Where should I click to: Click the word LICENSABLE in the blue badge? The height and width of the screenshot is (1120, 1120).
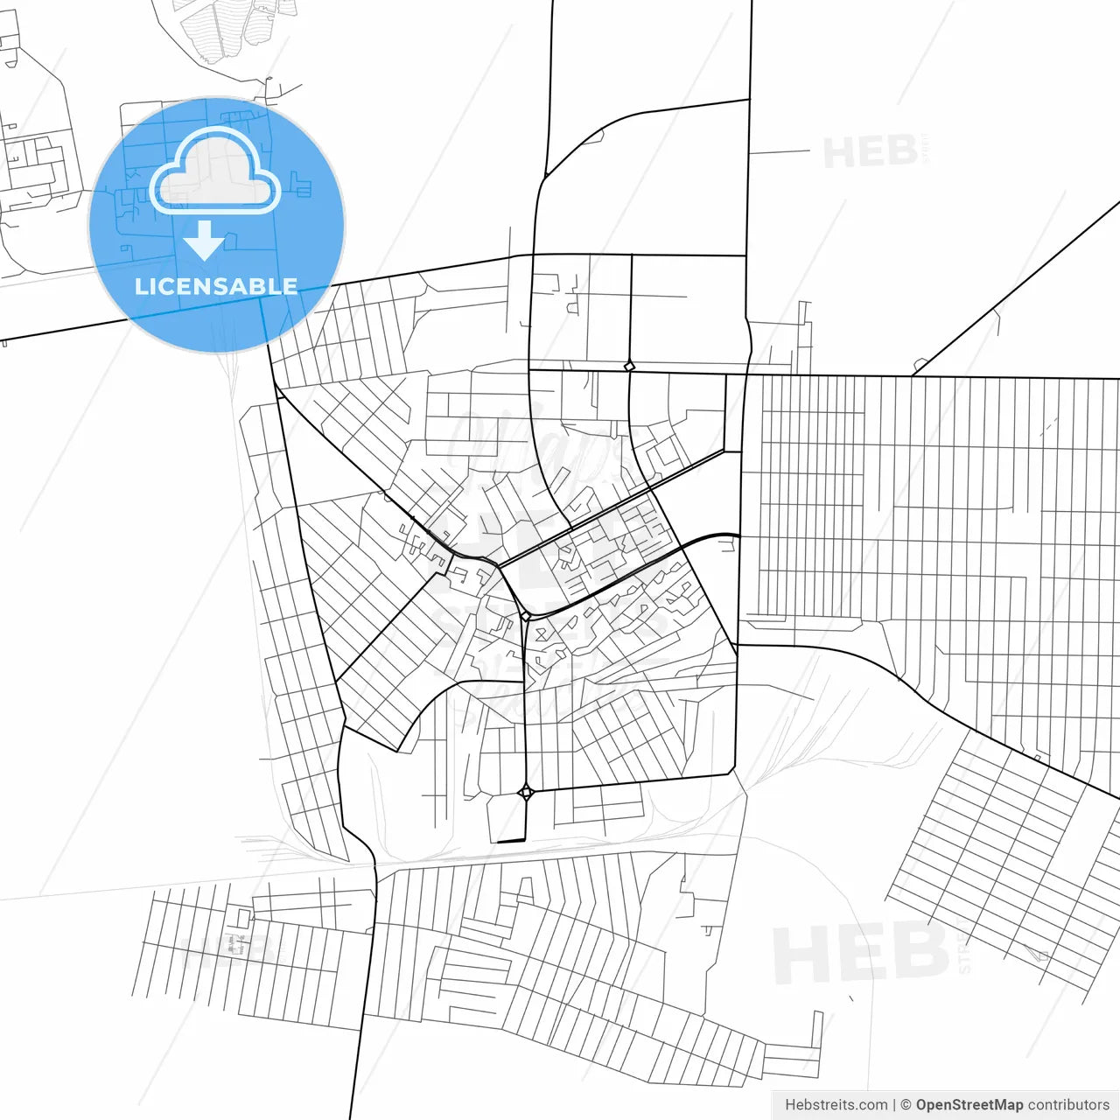215,286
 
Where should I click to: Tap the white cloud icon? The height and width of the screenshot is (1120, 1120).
215,173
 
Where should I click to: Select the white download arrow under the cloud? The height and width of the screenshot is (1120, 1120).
205,241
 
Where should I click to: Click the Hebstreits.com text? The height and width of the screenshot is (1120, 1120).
836,1105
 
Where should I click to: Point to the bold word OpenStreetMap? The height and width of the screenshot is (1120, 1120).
969,1105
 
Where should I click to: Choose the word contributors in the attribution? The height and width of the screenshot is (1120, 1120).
1068,1105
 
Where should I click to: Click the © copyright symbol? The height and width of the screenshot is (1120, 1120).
906,1105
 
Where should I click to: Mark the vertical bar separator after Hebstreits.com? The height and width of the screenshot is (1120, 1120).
894,1105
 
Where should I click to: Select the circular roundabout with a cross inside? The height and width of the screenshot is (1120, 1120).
526,793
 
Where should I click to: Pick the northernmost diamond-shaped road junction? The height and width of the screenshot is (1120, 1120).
629,367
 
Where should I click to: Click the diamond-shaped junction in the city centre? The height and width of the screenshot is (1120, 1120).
526,616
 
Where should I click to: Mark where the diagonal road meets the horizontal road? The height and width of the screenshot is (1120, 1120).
912,376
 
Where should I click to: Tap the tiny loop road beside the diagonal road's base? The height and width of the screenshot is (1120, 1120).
920,363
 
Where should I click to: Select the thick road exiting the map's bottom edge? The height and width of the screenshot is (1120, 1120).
354,1094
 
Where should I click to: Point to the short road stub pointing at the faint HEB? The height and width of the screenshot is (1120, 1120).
779,152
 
